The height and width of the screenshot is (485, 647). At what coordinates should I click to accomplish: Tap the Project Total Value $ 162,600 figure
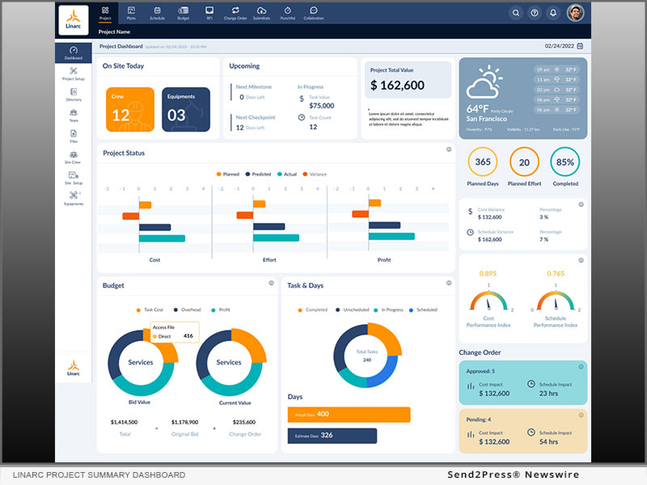click(397, 86)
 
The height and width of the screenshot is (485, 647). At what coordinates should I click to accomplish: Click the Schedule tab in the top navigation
click(157, 12)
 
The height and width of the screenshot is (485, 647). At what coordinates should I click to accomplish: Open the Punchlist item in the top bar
click(287, 12)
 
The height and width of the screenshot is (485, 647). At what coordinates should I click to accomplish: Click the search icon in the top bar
click(515, 13)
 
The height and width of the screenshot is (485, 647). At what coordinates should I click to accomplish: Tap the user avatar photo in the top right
click(575, 12)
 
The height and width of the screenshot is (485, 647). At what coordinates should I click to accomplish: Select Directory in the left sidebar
click(74, 95)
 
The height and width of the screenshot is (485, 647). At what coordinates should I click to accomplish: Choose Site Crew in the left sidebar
click(74, 157)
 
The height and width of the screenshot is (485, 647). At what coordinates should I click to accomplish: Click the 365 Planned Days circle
click(483, 162)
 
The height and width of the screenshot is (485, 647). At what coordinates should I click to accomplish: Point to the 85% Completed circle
click(565, 162)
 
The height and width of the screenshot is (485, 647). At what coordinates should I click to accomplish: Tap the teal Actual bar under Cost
click(162, 238)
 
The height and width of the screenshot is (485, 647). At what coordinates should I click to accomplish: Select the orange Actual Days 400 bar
click(349, 414)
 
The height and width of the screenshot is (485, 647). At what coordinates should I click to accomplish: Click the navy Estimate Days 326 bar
click(332, 436)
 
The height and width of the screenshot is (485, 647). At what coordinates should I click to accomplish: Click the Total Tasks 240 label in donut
click(367, 356)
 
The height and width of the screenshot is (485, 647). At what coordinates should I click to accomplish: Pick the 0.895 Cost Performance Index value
click(488, 273)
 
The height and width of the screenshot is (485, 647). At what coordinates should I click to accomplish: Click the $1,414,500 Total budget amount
click(125, 422)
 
